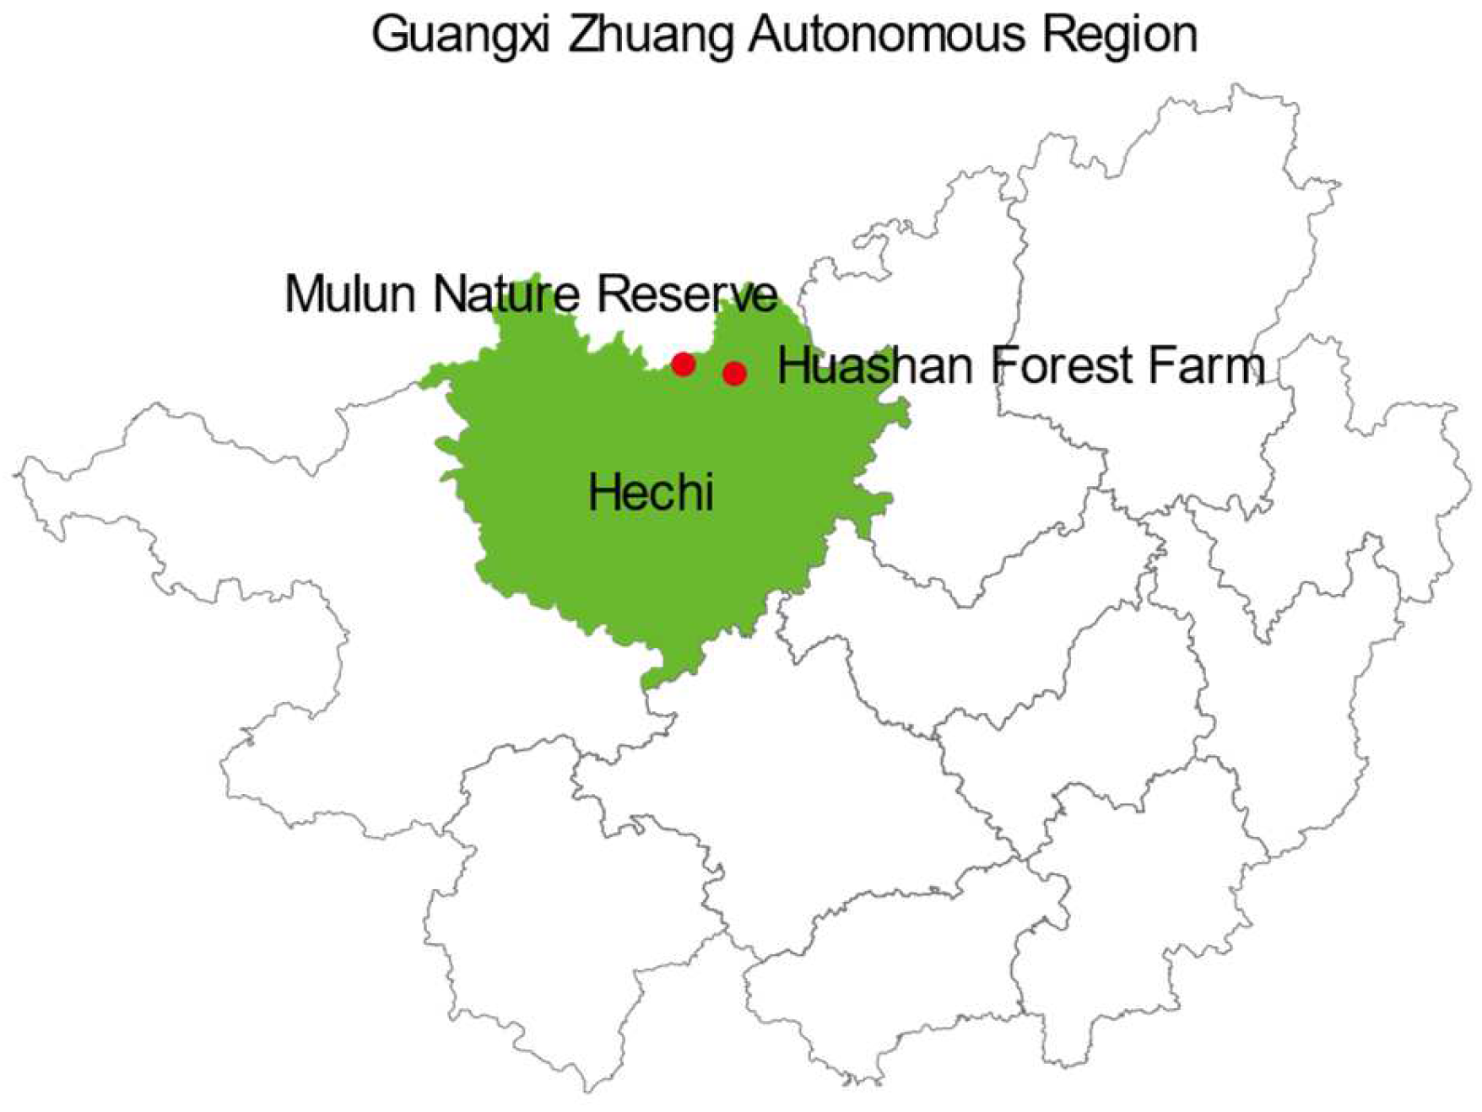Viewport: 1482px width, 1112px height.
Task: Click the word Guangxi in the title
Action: point(462,35)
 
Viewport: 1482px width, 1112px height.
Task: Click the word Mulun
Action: point(351,294)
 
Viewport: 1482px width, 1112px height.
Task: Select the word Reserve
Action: point(687,294)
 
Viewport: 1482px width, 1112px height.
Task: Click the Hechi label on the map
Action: point(651,492)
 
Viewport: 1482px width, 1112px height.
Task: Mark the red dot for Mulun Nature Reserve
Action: point(684,364)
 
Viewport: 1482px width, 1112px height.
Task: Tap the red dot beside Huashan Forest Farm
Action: point(734,373)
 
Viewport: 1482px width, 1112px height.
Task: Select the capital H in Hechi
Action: point(601,492)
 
